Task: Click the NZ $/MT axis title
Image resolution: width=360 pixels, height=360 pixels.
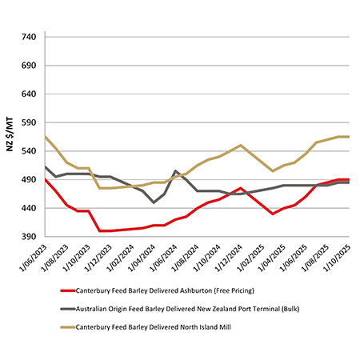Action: coord(9,138)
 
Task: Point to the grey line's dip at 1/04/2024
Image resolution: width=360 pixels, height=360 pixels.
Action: coord(154,202)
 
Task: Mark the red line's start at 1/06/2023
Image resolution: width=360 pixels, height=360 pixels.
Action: coord(46,180)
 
